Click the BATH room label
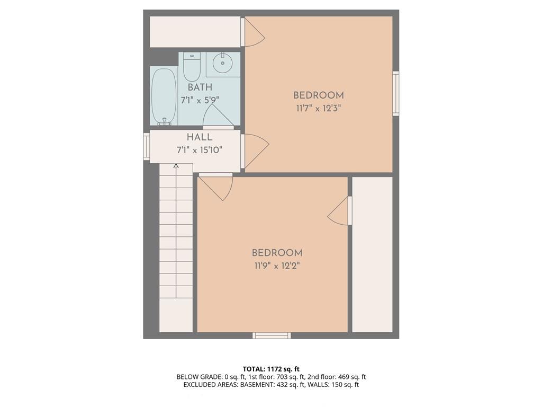tap(200, 87)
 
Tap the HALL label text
tap(200, 137)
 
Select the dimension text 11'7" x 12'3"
tap(318, 108)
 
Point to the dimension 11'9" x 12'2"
tap(277, 266)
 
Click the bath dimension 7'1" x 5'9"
tap(200, 100)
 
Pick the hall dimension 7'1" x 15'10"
tap(200, 150)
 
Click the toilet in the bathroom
tap(192, 66)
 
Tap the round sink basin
tap(222, 64)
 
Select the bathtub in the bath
tap(164, 96)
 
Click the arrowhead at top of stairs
tap(176, 166)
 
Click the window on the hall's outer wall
tap(147, 147)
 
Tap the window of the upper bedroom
tap(396, 93)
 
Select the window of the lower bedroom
tap(272, 335)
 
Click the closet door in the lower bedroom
tap(340, 211)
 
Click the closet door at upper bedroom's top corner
tap(253, 32)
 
